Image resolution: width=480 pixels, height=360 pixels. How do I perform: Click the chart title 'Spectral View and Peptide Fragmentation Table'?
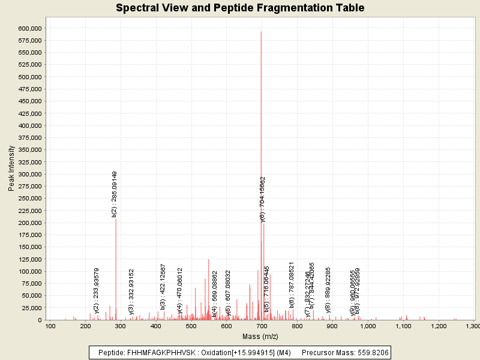pos(240,8)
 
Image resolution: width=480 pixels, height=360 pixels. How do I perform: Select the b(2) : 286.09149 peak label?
pos(115,194)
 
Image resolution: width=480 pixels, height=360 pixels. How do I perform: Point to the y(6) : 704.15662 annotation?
pos(262,200)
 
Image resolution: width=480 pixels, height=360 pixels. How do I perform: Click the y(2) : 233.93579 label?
pos(97,291)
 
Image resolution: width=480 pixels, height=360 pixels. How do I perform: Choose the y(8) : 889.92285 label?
pos(328,290)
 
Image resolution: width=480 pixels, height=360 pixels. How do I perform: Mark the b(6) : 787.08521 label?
pos(292,285)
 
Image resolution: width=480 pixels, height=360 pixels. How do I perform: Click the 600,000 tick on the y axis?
pos(29,28)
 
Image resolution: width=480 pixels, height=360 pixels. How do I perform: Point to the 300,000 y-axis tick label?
pos(29,174)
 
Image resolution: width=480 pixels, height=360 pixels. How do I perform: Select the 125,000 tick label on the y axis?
pos(29,259)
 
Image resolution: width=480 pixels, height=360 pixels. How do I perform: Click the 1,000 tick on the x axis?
pos(368,326)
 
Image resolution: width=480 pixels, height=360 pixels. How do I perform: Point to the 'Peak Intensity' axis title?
pos(11,172)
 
